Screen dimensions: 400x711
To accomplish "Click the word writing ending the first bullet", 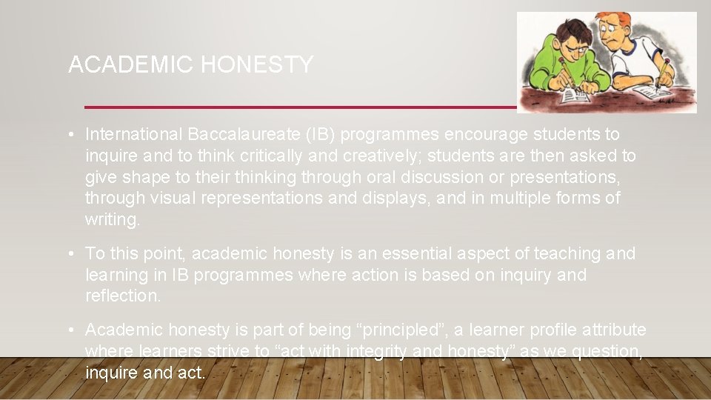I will pos(113,220).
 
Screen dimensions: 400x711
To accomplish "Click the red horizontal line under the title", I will pos(296,107).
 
